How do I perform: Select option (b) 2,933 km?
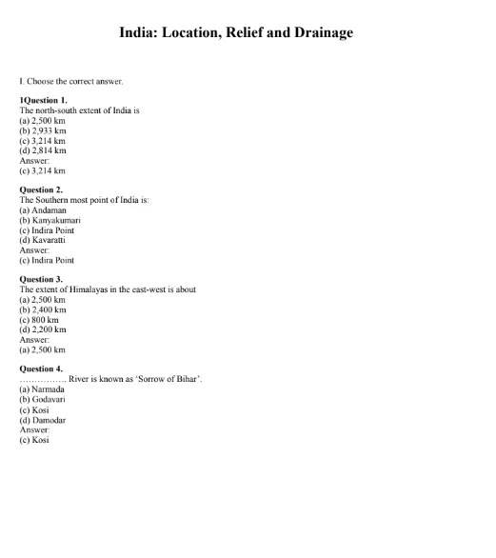43,130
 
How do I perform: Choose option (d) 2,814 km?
43,150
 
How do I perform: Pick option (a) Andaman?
43,210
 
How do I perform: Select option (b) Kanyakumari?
50,220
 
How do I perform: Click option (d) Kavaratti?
44,240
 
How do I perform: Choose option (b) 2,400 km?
43,309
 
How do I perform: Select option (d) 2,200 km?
43,329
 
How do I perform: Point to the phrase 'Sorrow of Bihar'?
169,379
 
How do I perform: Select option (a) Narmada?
43,389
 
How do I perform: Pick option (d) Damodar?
44,419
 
